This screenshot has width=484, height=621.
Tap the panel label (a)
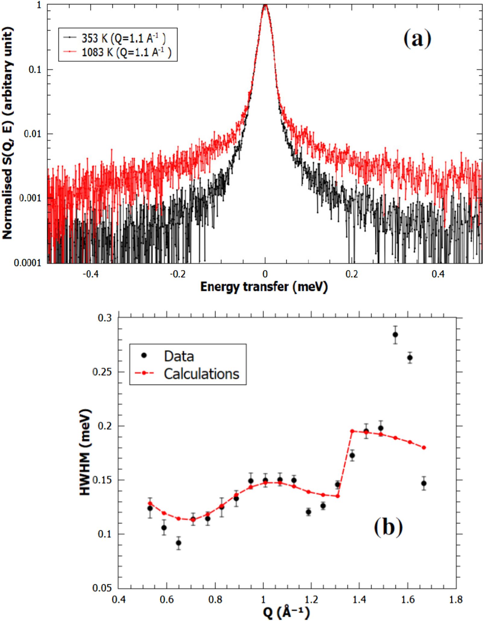(417, 39)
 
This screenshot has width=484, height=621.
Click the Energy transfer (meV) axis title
(264, 287)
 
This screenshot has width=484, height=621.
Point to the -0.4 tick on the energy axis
(92, 274)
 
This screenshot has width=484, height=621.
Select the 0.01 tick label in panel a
(32, 134)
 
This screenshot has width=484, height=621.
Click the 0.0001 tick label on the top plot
(27, 263)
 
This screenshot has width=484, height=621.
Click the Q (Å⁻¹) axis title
(286, 613)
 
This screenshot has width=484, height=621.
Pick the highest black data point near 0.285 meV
(395, 335)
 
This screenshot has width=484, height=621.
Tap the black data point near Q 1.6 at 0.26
(410, 358)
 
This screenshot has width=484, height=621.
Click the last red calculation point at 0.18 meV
(424, 448)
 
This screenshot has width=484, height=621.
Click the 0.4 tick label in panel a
(438, 274)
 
